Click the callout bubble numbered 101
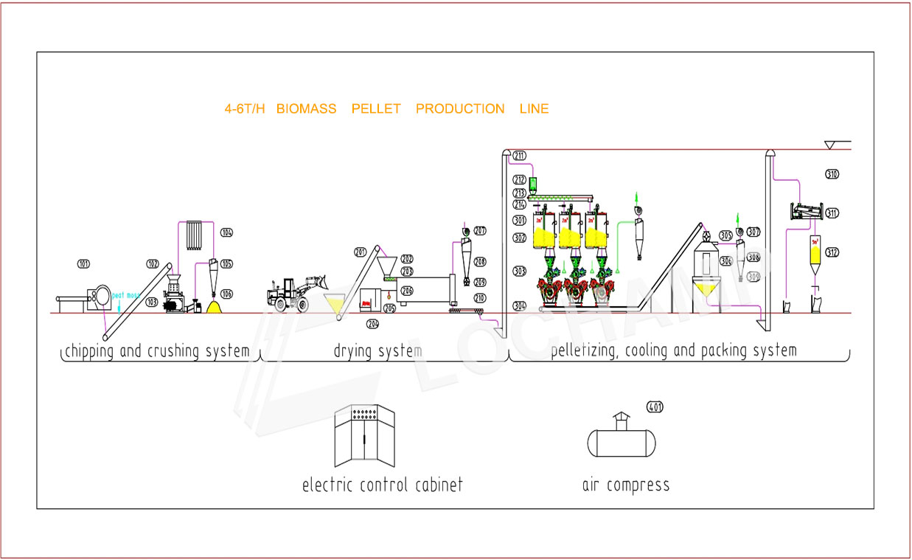pyautogui.click(x=83, y=263)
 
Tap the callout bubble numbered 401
pyautogui.click(x=655, y=406)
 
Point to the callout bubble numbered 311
pyautogui.click(x=832, y=213)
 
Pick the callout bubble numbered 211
pyautogui.click(x=519, y=155)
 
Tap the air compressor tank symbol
pyautogui.click(x=621, y=440)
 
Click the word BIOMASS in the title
pyautogui.click(x=306, y=109)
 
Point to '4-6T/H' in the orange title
pyautogui.click(x=244, y=109)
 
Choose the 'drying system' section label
pyautogui.click(x=377, y=351)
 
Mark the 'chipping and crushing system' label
pyautogui.click(x=157, y=351)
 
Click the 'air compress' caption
pyautogui.click(x=625, y=485)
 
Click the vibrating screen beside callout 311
pyautogui.click(x=806, y=212)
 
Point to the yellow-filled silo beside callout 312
pyautogui.click(x=815, y=254)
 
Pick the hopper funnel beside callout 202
pyautogui.click(x=386, y=266)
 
